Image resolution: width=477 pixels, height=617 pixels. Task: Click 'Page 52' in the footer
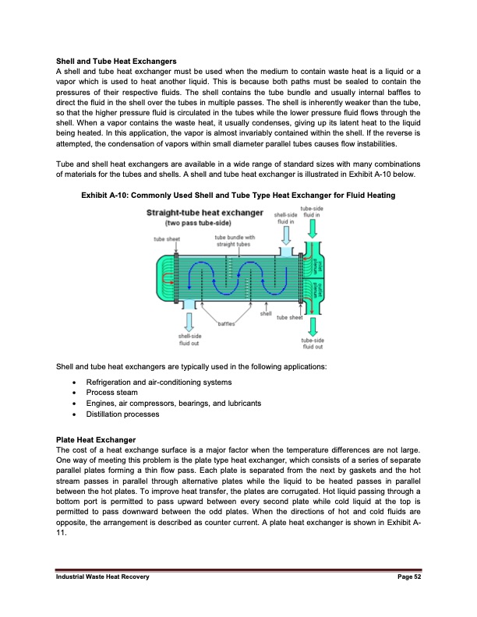[x=407, y=597]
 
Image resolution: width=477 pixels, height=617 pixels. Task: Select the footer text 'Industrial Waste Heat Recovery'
[x=103, y=597]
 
